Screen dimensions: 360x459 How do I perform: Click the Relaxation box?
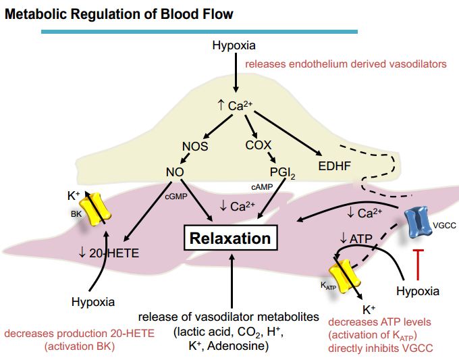[230, 238]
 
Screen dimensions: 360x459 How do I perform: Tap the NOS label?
[194, 146]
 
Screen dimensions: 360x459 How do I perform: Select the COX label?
[259, 145]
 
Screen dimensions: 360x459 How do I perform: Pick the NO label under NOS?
[175, 173]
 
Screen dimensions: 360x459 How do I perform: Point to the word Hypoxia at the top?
[234, 46]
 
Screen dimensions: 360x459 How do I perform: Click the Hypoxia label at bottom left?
[93, 301]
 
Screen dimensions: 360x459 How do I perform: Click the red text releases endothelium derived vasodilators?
[346, 64]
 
